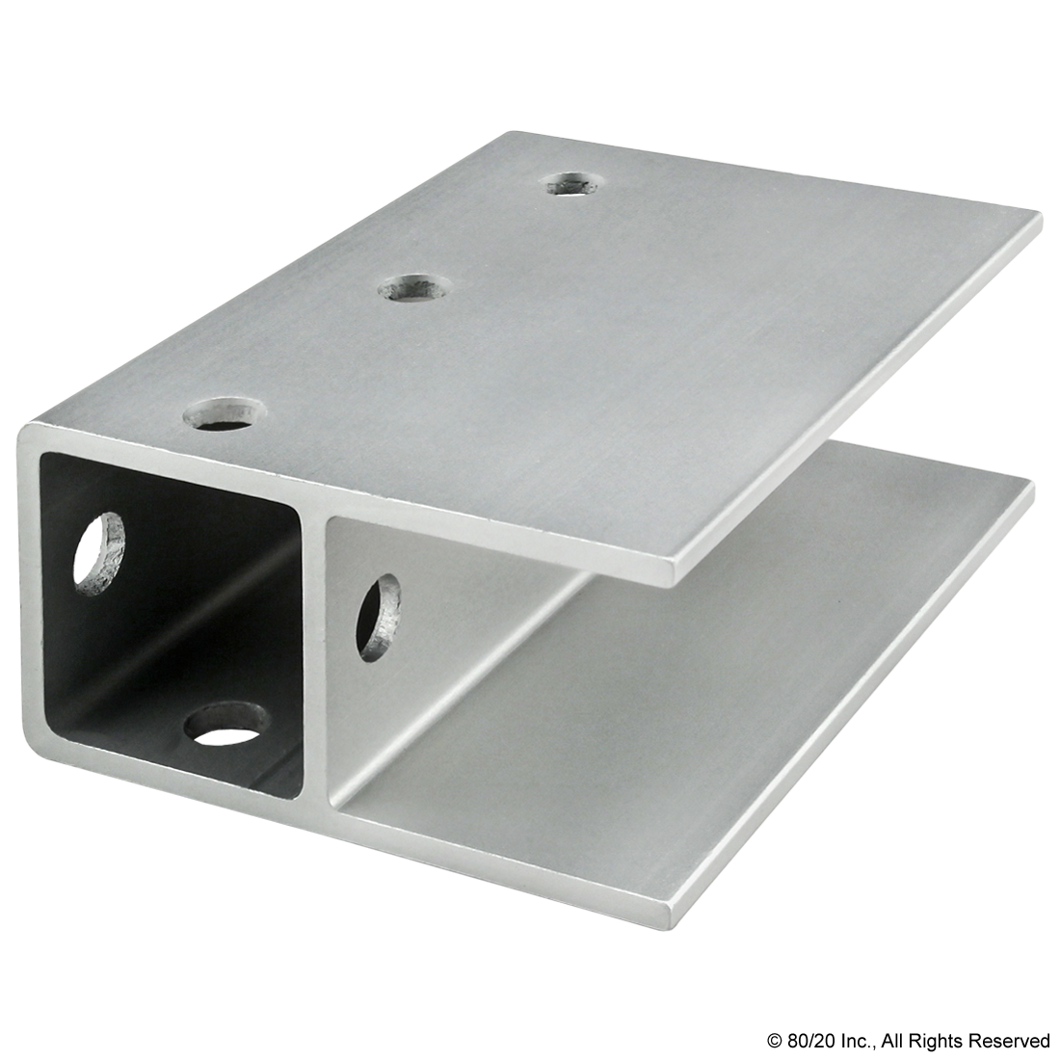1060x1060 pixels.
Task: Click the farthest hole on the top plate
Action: [x=572, y=182]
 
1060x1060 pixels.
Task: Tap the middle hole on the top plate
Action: [x=413, y=287]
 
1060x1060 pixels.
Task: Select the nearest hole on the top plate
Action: [x=225, y=414]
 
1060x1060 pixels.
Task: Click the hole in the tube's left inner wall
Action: [x=99, y=554]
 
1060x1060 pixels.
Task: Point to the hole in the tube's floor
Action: [x=225, y=725]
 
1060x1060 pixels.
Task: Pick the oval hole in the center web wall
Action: [x=379, y=618]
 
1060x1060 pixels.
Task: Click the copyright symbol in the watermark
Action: [x=774, y=1041]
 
